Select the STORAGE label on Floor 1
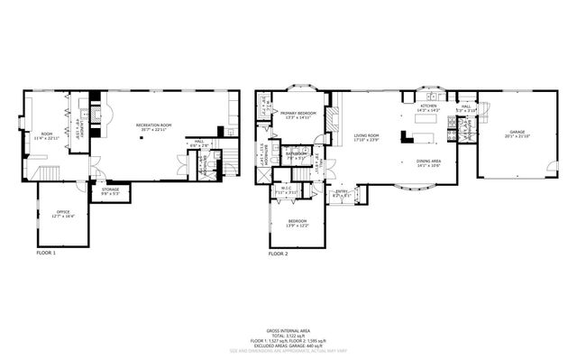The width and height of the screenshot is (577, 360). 110,189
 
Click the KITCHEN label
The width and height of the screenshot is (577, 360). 429,106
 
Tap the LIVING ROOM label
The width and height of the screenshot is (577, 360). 365,134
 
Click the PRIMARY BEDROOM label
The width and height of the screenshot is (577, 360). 298,113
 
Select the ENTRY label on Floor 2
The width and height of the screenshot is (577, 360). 343,190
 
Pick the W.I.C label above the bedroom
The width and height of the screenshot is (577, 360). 286,189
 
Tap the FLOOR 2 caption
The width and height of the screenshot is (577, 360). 279,254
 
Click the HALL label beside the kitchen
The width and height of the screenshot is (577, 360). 466,106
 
